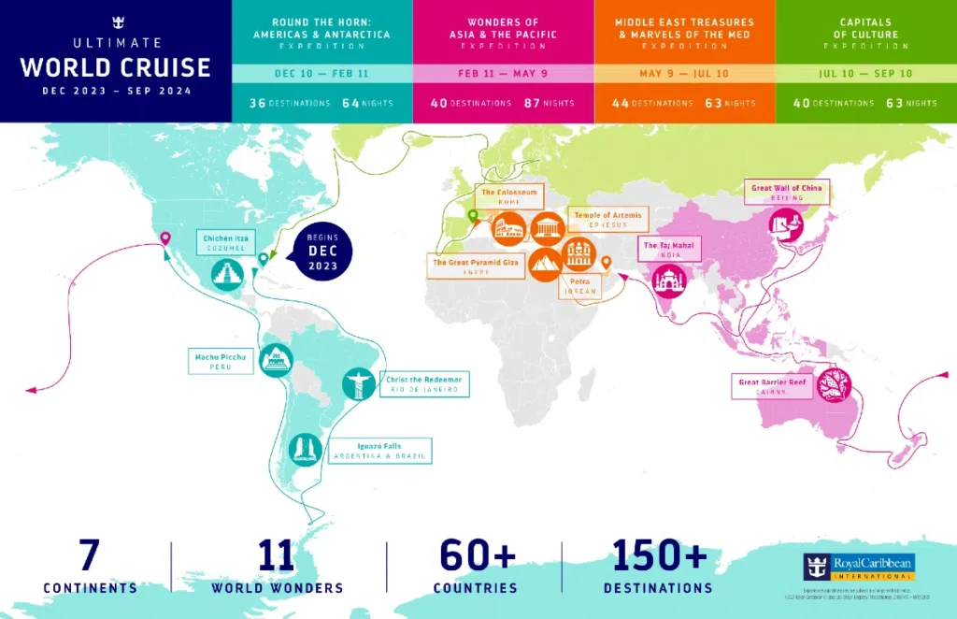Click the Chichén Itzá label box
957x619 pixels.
coord(229,243)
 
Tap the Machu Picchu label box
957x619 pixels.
coord(221,361)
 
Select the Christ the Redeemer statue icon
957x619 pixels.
coord(358,383)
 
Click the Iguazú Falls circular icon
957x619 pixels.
coord(305,451)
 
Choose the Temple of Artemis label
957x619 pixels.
coord(608,220)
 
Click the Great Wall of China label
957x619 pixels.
coord(786,193)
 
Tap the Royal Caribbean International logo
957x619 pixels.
coord(858,567)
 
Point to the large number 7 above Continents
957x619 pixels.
coord(90,556)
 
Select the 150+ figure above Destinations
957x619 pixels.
coord(658,556)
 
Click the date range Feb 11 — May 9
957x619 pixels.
coord(503,74)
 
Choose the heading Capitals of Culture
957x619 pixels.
coord(865,27)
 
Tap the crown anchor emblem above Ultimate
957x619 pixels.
coord(116,22)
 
